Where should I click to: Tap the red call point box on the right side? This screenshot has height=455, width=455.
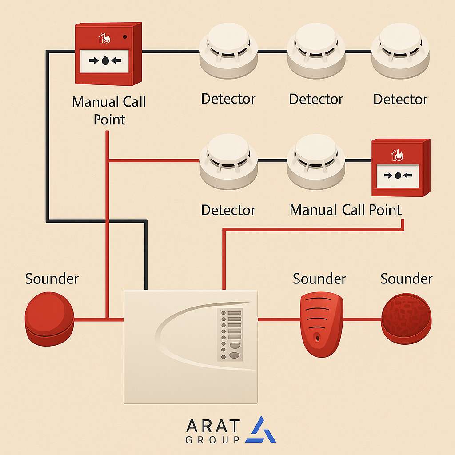click(400, 168)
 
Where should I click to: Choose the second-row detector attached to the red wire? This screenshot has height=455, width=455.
click(228, 161)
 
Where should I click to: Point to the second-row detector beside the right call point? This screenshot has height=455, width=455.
click(316, 161)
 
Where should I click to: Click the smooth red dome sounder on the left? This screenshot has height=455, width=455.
click(49, 319)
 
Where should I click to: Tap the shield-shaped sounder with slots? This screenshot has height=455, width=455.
click(321, 324)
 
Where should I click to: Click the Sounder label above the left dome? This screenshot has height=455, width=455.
click(52, 279)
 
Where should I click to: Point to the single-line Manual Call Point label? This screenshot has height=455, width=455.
click(345, 210)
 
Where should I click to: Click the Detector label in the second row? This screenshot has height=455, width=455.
click(228, 210)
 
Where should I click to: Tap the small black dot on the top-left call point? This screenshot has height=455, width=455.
click(125, 37)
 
